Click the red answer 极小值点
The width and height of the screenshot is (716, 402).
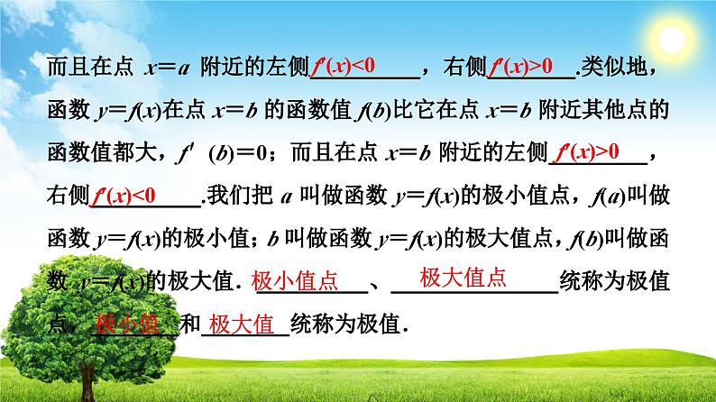(x=295, y=281)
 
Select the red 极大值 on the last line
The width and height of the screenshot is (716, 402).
(x=241, y=324)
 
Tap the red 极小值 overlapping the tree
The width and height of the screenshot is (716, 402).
(x=126, y=324)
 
